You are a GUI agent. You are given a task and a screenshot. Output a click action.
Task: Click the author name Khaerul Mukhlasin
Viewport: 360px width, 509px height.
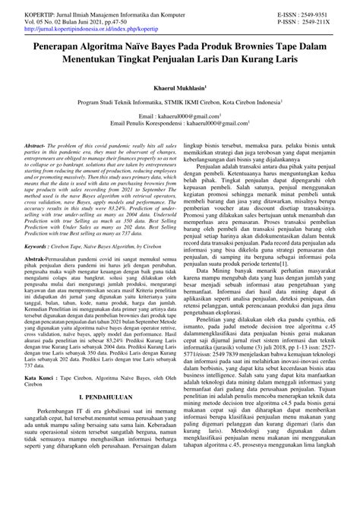[x=178, y=88]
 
